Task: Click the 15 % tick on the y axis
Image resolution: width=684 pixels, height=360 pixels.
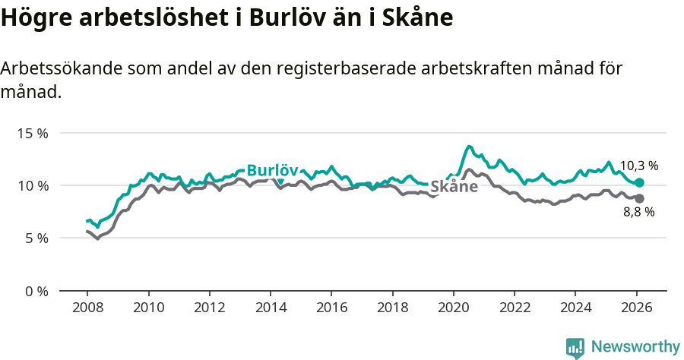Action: [33, 133]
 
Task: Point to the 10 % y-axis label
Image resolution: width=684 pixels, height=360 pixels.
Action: [33, 185]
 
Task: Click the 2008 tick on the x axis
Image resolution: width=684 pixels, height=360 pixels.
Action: [87, 308]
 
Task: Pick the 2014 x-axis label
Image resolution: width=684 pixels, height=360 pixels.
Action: [271, 308]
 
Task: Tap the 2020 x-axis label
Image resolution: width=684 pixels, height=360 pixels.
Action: [453, 308]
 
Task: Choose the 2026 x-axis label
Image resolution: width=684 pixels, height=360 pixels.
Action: [636, 308]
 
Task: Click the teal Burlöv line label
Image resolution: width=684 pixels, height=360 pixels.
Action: [272, 171]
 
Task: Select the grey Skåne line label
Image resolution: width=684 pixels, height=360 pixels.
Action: [454, 187]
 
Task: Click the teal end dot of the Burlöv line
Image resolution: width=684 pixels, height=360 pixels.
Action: [639, 183]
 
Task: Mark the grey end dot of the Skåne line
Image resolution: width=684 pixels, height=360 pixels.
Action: [639, 198]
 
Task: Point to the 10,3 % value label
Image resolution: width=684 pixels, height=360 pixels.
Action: [638, 166]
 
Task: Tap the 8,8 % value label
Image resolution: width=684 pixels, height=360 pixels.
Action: [638, 213]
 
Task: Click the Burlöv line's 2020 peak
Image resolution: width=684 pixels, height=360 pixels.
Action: [469, 146]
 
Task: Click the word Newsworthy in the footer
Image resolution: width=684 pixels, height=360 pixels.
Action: [635, 347]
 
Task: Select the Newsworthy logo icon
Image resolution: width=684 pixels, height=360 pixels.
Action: [575, 348]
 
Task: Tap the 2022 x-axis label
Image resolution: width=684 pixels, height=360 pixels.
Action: [514, 308]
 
